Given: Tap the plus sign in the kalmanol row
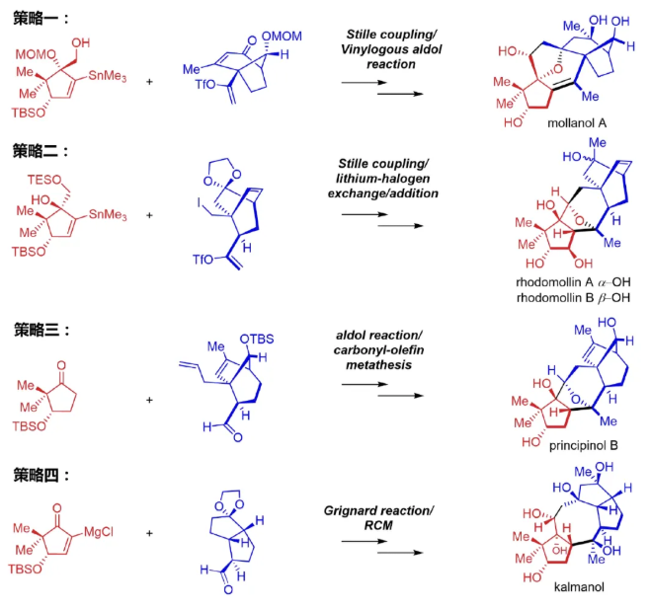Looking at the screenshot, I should tap(150, 536).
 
